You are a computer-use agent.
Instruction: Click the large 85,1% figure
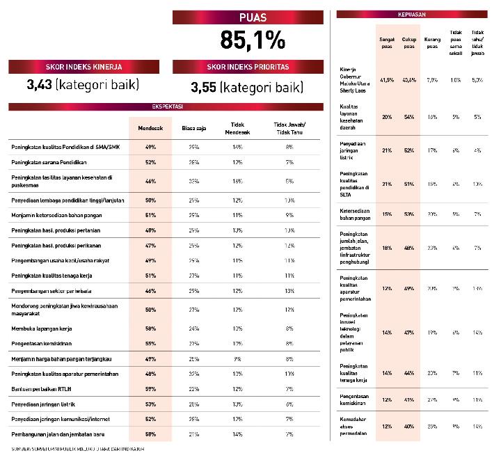coord(252,40)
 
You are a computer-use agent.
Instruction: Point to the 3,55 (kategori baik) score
coord(247,88)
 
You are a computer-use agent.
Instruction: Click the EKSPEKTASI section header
coord(166,107)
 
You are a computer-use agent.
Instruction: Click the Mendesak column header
coord(150,128)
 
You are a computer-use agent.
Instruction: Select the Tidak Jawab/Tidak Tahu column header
coord(289,128)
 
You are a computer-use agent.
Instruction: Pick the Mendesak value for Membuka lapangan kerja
coord(150,328)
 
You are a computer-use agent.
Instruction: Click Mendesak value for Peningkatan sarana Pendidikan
coord(150,162)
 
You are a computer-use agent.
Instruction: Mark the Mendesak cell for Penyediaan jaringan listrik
coord(150,404)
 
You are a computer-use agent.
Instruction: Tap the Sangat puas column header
coord(387,43)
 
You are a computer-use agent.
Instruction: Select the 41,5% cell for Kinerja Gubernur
coord(387,80)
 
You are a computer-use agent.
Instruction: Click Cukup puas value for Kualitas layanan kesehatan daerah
coord(409,117)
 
